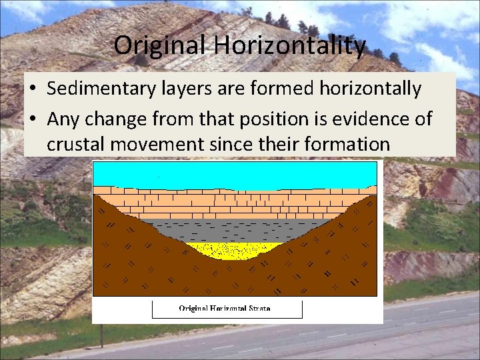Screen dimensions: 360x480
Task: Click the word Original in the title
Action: (x=161, y=45)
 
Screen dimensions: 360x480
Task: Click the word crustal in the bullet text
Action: (x=75, y=143)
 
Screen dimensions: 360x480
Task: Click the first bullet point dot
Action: (x=32, y=89)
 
